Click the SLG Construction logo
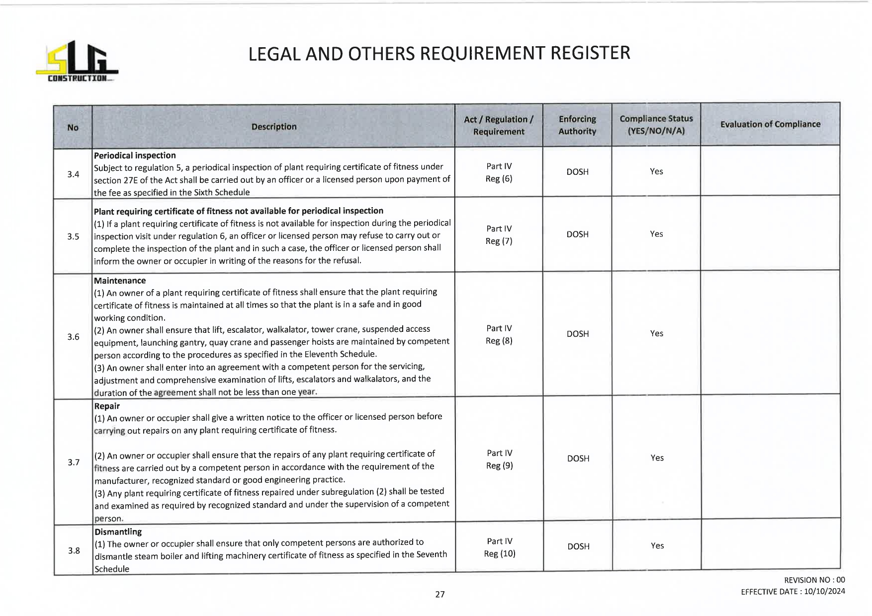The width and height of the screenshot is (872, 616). coord(77,62)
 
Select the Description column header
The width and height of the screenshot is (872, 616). coord(273,127)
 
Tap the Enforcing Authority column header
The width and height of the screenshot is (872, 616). coord(577,125)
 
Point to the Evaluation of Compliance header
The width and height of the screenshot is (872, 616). coord(770,124)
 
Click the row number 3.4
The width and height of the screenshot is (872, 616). coord(73,174)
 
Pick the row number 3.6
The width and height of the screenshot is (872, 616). coord(73,337)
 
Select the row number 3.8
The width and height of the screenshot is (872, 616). coord(74,550)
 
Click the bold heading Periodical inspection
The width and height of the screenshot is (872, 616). coord(135,155)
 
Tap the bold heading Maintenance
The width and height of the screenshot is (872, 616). coord(120,281)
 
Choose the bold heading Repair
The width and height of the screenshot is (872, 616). coord(107,406)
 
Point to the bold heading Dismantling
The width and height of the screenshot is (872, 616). coord(118,532)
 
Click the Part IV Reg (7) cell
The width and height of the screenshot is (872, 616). coord(499,235)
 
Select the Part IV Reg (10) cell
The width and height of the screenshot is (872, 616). coord(499,547)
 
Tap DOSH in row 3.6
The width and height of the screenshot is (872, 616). coord(577,334)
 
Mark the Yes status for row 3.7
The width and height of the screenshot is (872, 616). coord(657,458)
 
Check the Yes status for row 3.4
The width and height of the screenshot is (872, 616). coord(656,171)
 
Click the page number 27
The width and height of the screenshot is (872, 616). coord(439,594)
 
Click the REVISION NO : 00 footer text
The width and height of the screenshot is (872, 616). coord(814,580)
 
